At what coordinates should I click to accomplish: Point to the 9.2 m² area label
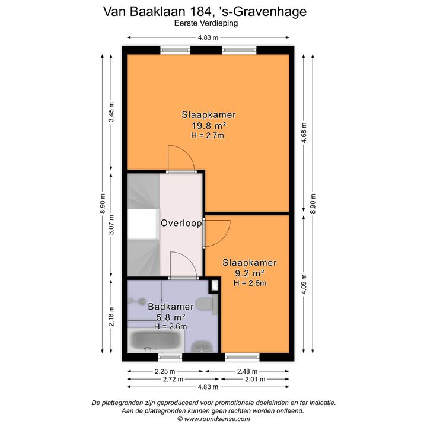click(x=250, y=273)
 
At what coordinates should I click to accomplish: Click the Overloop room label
click(x=181, y=224)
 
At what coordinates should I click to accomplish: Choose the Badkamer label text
click(x=171, y=307)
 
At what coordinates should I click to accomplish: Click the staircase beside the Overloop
click(x=142, y=225)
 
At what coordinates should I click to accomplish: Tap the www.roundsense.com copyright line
click(x=213, y=418)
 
